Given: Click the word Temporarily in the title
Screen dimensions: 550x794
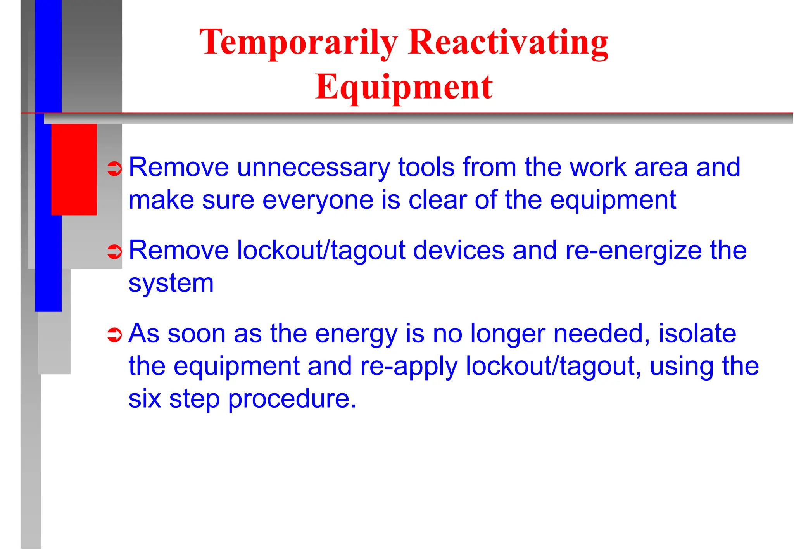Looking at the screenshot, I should click(299, 43).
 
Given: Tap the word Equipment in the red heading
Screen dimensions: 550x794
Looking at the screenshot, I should click(404, 87).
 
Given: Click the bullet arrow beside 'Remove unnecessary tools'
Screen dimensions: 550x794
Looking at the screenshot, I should click(114, 169).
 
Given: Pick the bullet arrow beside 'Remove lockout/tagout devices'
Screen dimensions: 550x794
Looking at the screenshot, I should click(114, 252).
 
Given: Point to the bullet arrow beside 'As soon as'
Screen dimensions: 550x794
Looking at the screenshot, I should click(114, 335).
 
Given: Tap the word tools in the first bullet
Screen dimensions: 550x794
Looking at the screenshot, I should click(426, 168).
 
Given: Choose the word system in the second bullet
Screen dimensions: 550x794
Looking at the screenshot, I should click(171, 283).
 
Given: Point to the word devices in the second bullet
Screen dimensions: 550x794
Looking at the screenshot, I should click(459, 251).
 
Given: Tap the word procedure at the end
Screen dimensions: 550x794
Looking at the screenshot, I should click(292, 399).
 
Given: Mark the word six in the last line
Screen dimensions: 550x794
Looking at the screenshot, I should click(144, 399).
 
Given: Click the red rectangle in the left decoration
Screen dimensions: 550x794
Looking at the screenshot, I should click(74, 169).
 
